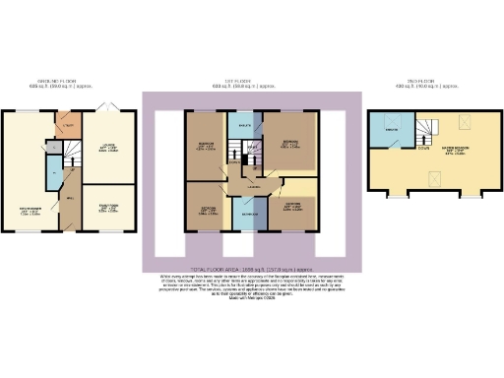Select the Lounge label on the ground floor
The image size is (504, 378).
tap(110, 150)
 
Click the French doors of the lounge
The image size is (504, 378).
tap(109, 104)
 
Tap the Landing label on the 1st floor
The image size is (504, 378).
tap(252, 188)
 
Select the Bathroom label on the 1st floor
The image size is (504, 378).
tap(250, 214)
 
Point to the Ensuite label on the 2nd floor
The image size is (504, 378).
tap(392, 130)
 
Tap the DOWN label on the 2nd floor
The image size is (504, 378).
tap(421, 149)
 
